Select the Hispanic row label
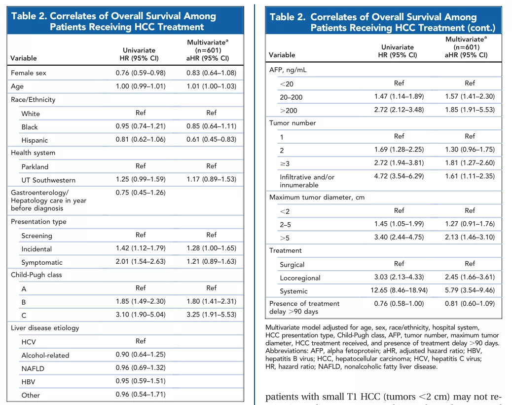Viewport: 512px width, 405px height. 35,140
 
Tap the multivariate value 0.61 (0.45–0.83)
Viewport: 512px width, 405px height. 211,139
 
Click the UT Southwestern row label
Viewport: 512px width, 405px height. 48,180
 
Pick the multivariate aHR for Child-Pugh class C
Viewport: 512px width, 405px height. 211,314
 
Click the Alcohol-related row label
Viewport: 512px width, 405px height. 45,355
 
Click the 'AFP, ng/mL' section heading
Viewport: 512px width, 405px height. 288,70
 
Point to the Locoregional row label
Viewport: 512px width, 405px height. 300,278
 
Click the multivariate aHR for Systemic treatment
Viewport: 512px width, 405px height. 470,290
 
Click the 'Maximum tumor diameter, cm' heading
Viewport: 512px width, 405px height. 317,198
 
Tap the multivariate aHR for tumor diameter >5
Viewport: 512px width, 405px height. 470,237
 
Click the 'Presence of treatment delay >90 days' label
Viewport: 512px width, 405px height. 304,307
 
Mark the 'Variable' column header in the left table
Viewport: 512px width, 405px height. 24,58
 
